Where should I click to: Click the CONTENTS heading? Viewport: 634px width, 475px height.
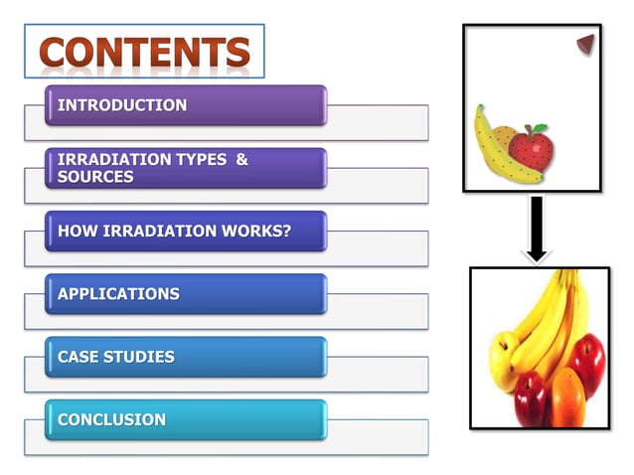coord(145,52)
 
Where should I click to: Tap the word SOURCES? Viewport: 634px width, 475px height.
coord(95,177)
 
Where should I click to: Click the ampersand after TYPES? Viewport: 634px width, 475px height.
coord(241,160)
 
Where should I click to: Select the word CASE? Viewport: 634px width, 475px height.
coord(78,357)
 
